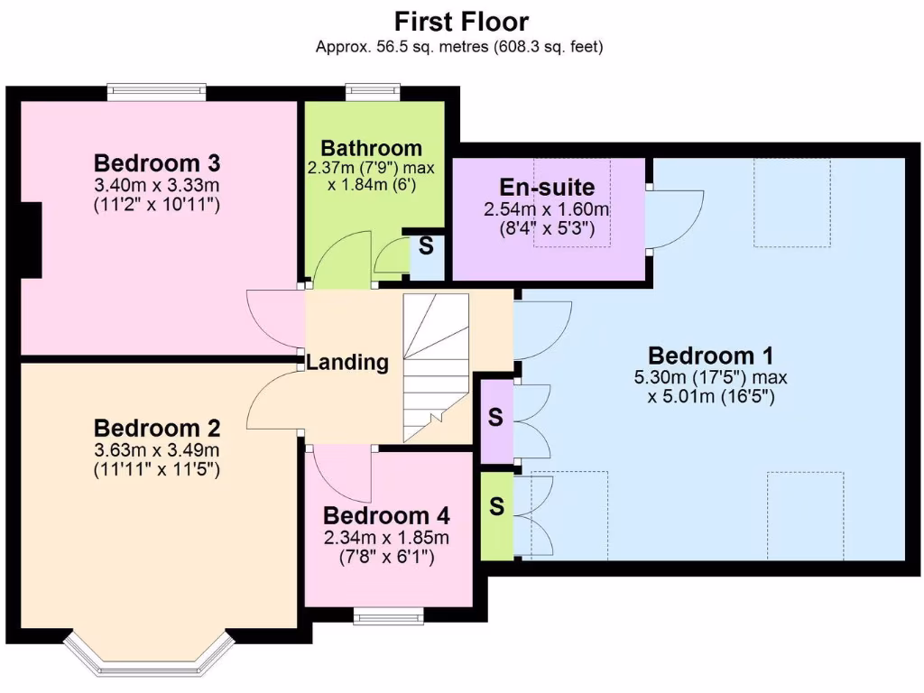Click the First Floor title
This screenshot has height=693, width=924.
tap(461, 21)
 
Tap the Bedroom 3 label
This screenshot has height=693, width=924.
tap(157, 163)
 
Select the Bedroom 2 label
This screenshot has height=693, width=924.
tap(157, 428)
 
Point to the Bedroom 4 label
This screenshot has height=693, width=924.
tap(386, 516)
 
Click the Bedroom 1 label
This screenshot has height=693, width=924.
tap(711, 355)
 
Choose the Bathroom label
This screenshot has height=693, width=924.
tap(372, 148)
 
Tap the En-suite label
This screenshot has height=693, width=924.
tap(548, 188)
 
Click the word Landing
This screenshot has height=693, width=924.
tap(347, 363)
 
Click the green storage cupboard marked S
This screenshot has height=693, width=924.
tap(495, 506)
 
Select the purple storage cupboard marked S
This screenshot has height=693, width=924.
tap(495, 418)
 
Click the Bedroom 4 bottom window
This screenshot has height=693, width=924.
tap(389, 617)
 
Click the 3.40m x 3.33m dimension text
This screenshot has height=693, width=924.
tap(157, 186)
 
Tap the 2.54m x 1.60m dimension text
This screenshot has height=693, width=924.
tap(548, 209)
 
